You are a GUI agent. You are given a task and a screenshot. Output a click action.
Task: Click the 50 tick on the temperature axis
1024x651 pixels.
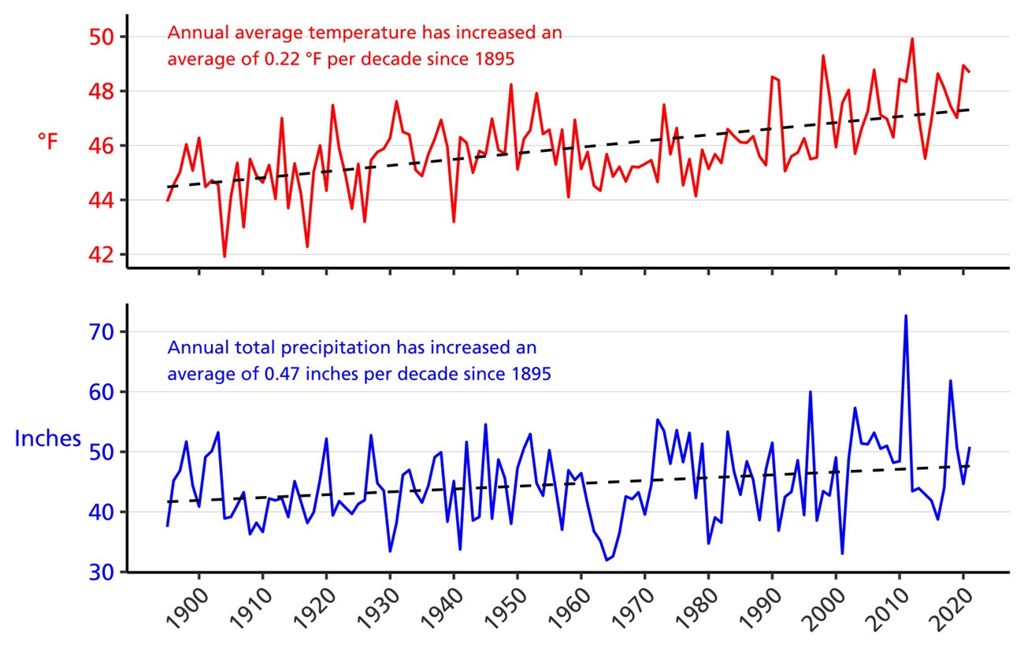[x=104, y=37]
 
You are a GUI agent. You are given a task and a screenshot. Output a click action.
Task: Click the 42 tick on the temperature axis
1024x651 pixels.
[x=104, y=255]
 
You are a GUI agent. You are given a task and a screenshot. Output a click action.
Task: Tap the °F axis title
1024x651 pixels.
[x=47, y=142]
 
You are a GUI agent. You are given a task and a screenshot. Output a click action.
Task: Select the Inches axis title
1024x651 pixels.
[x=48, y=438]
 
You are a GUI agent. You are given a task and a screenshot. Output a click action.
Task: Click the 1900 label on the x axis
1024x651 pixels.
[x=187, y=611]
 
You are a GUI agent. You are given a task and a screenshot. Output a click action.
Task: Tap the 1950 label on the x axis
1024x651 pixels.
[x=505, y=611]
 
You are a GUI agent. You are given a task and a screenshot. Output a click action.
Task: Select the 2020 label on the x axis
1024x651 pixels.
[x=951, y=611]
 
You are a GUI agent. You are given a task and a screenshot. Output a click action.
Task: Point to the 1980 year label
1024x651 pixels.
[x=696, y=611]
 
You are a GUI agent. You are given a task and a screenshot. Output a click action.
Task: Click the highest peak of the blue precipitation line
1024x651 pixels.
[x=906, y=316]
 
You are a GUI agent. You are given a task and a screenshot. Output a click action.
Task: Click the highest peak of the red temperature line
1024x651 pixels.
[x=912, y=39]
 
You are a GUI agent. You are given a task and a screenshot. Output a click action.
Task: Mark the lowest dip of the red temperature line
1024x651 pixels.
[x=224, y=256]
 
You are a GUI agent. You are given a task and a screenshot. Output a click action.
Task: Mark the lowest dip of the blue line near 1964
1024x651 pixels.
[x=607, y=560]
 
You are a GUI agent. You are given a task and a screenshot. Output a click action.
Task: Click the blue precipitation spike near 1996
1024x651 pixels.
[x=810, y=392]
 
